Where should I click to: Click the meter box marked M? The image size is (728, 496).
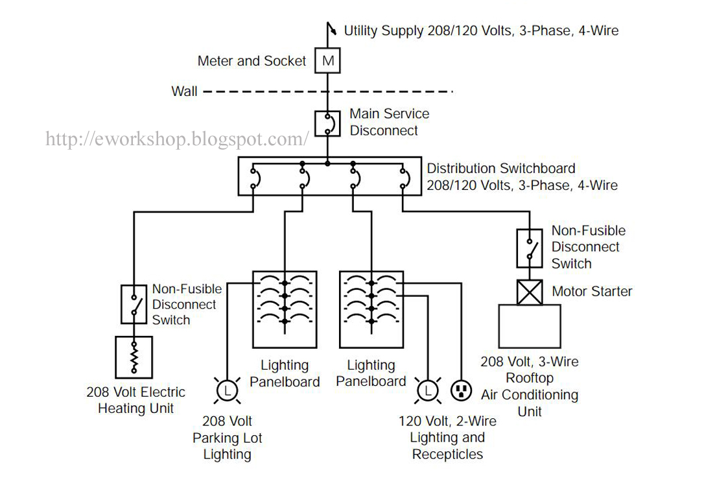click(328, 61)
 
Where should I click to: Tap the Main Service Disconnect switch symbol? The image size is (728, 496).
click(328, 123)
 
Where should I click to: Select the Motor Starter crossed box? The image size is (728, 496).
click(530, 292)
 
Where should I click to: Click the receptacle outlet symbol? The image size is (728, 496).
click(461, 390)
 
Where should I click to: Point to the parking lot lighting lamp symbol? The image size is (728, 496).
click(227, 390)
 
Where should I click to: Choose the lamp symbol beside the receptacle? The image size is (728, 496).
click(427, 390)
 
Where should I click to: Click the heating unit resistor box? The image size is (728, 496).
click(134, 357)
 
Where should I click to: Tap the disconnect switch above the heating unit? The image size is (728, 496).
click(134, 304)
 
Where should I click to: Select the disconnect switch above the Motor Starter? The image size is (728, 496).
click(530, 248)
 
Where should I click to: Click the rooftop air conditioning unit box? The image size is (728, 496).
click(530, 326)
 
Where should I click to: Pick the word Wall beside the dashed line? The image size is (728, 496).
click(184, 91)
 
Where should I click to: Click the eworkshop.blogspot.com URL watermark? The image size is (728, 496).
click(176, 139)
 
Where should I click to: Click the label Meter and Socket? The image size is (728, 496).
click(252, 61)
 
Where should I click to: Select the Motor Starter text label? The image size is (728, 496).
click(592, 292)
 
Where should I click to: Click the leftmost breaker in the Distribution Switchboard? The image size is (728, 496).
click(253, 176)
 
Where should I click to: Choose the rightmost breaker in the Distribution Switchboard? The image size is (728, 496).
click(403, 176)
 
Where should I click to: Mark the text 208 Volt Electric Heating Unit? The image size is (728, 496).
click(135, 400)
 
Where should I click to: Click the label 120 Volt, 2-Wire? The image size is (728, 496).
click(447, 421)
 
